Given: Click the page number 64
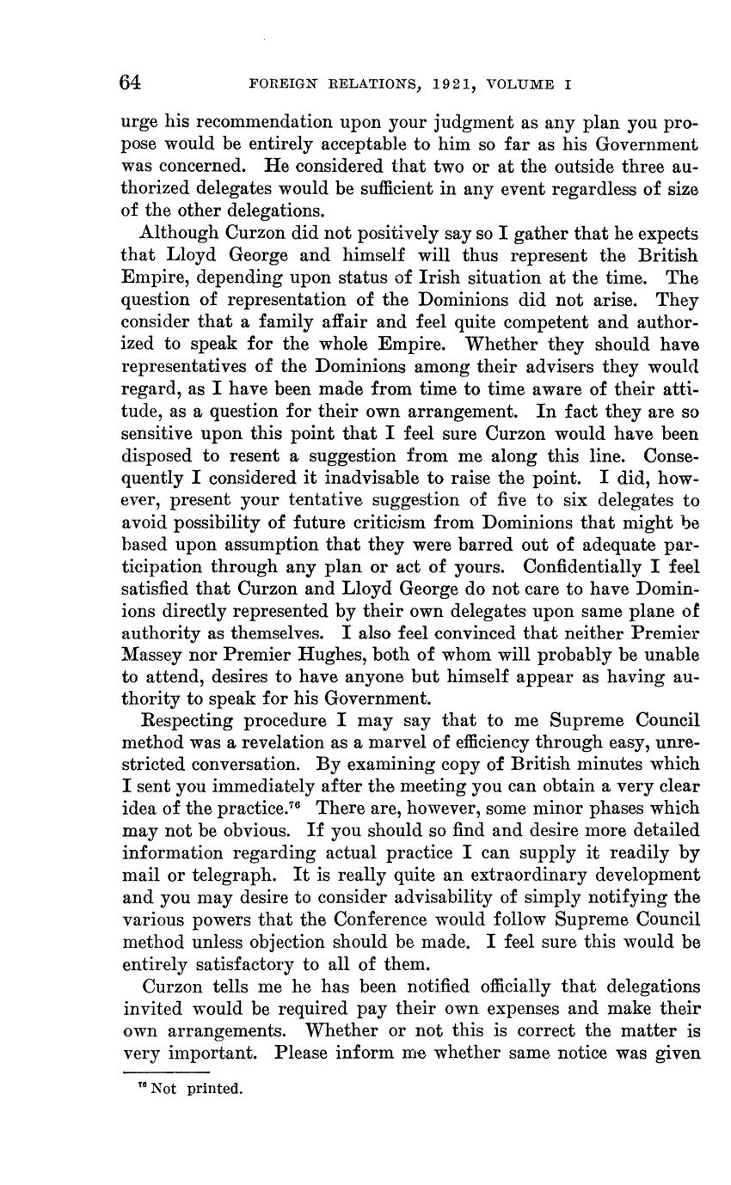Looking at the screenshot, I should point(131,82).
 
